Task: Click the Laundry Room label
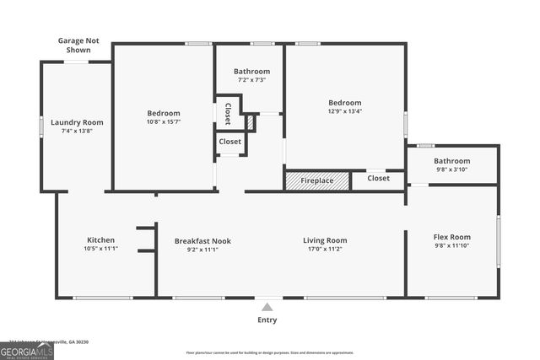pos(77,122)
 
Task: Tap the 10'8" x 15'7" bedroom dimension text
pos(164,122)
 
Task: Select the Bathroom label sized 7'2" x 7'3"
pos(251,72)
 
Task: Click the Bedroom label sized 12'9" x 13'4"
pos(344,103)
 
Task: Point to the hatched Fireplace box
pos(316,180)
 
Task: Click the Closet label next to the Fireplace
pos(379,179)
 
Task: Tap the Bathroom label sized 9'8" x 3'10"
pos(451,160)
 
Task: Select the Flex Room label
pos(451,237)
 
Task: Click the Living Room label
pos(325,240)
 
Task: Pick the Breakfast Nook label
pos(202,240)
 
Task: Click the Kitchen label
pos(100,239)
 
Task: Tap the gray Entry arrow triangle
pos(267,307)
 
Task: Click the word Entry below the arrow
pos(267,320)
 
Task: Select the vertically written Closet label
pos(227,113)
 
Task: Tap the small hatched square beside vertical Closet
pos(251,122)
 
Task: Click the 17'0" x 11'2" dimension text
pos(325,249)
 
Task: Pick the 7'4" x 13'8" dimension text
pos(77,131)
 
